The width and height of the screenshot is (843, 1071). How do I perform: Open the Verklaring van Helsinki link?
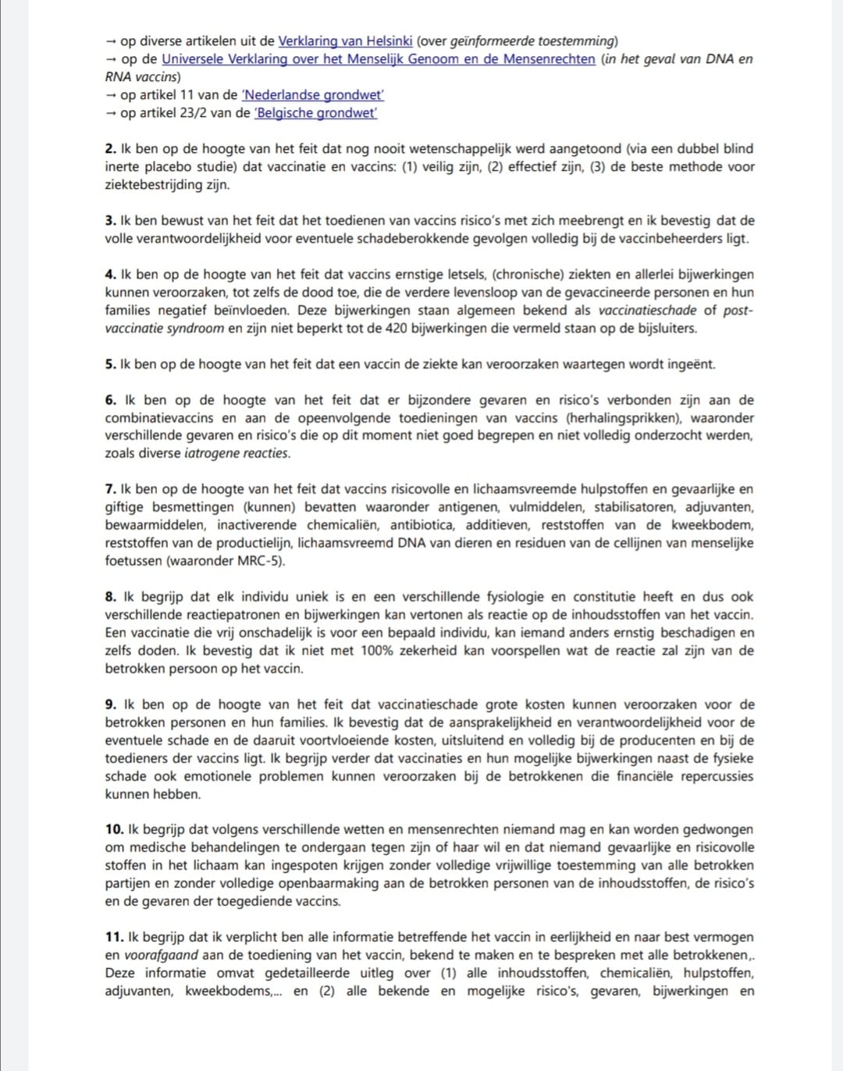coord(345,41)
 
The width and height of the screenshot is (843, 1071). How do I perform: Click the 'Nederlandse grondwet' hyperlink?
coord(313,95)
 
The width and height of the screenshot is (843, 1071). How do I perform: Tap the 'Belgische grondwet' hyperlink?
coord(316,113)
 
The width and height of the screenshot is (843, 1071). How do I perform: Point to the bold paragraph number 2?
coord(110,149)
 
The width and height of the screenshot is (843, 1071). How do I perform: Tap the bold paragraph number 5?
coord(110,364)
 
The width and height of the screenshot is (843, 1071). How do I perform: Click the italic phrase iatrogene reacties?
coord(237,453)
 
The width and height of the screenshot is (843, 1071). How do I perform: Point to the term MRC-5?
coord(259,561)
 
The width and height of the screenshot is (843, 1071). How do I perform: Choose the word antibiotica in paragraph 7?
coord(421,525)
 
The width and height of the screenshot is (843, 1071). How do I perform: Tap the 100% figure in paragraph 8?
coord(376,651)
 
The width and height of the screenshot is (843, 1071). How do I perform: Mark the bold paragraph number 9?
coord(110,704)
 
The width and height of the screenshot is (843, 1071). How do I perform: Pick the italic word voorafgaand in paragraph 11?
coord(162,956)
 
